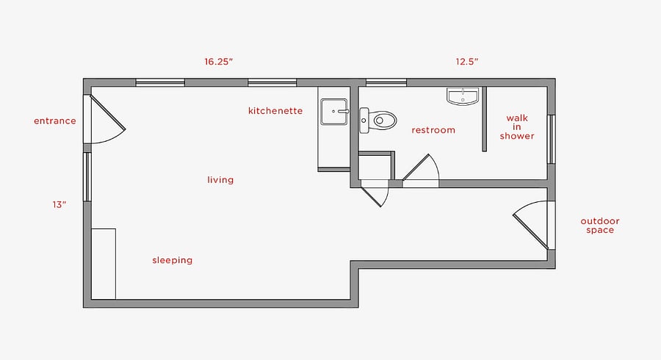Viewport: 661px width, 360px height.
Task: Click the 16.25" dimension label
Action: click(219, 62)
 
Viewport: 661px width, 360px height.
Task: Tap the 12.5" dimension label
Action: click(466, 62)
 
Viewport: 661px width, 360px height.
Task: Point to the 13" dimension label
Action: click(59, 204)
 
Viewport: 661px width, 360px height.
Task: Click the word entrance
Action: click(55, 121)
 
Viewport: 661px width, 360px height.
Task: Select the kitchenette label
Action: click(275, 111)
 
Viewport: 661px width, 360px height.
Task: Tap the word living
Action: click(220, 180)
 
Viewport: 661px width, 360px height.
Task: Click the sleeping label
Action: click(173, 260)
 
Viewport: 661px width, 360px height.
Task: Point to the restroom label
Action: click(433, 130)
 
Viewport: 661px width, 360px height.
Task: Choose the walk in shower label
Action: click(517, 127)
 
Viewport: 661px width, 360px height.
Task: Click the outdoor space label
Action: click(600, 226)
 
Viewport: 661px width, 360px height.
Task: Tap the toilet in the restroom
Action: click(378, 120)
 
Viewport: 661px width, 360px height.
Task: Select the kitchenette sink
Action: click(334, 112)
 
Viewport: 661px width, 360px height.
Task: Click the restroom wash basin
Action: click(463, 96)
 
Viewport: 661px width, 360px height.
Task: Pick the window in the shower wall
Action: click(551, 139)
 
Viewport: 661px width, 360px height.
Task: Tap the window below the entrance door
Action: click(87, 176)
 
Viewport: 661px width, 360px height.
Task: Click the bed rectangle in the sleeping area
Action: click(104, 264)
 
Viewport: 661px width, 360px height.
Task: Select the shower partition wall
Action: click(485, 119)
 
